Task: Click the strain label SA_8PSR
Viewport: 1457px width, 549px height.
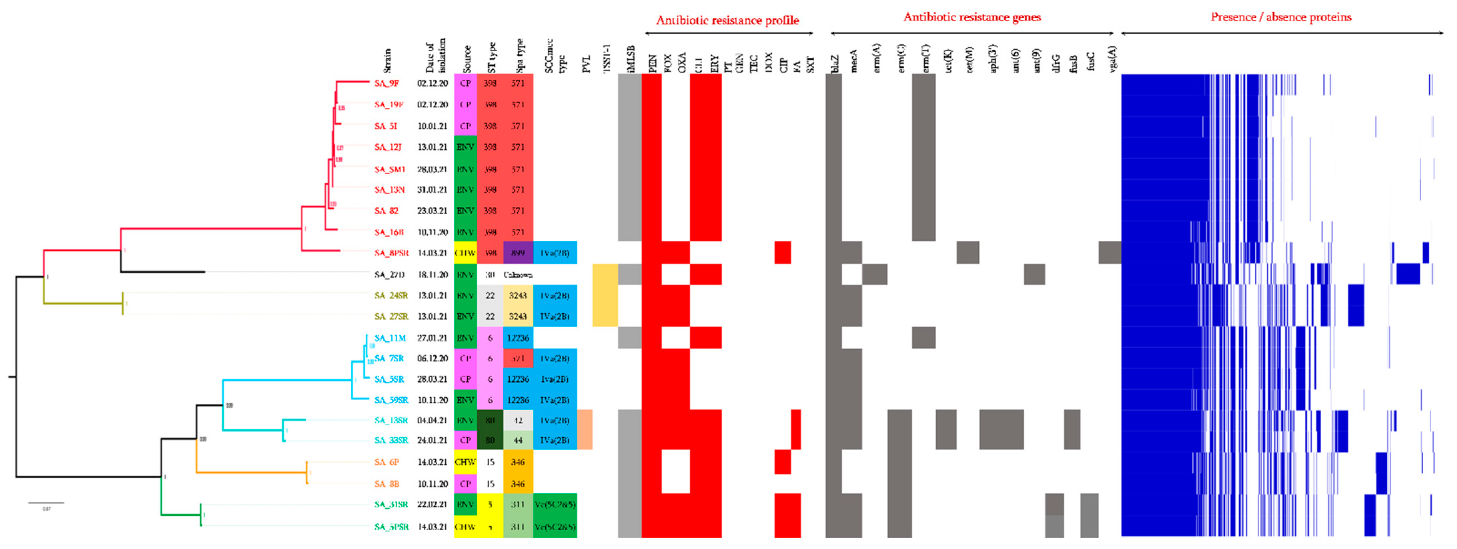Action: (x=391, y=253)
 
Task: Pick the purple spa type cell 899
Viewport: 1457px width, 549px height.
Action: (x=518, y=253)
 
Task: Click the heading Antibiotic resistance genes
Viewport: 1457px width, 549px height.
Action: (x=972, y=17)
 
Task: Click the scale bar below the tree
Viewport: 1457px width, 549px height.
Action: (x=46, y=502)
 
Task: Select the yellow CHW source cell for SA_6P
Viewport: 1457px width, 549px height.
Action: (x=465, y=462)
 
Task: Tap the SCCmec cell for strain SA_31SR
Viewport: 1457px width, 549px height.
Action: (x=554, y=504)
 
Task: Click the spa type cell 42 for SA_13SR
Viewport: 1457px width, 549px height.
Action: (x=518, y=420)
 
